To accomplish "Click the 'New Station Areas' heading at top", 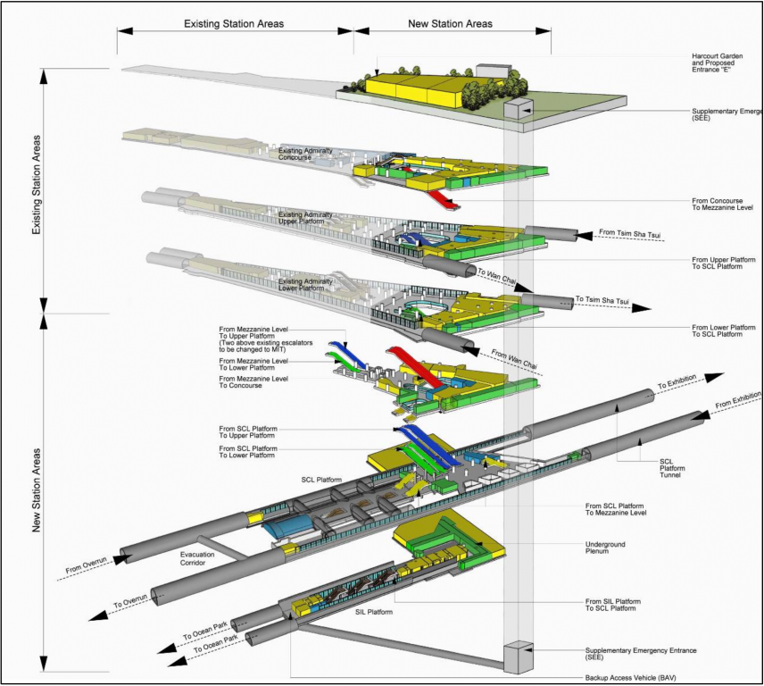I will [450, 23].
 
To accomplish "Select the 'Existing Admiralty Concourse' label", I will [305, 155].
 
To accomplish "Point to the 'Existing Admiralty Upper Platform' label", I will [305, 219].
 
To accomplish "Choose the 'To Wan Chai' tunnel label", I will [495, 277].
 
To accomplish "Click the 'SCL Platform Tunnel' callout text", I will [672, 470].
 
